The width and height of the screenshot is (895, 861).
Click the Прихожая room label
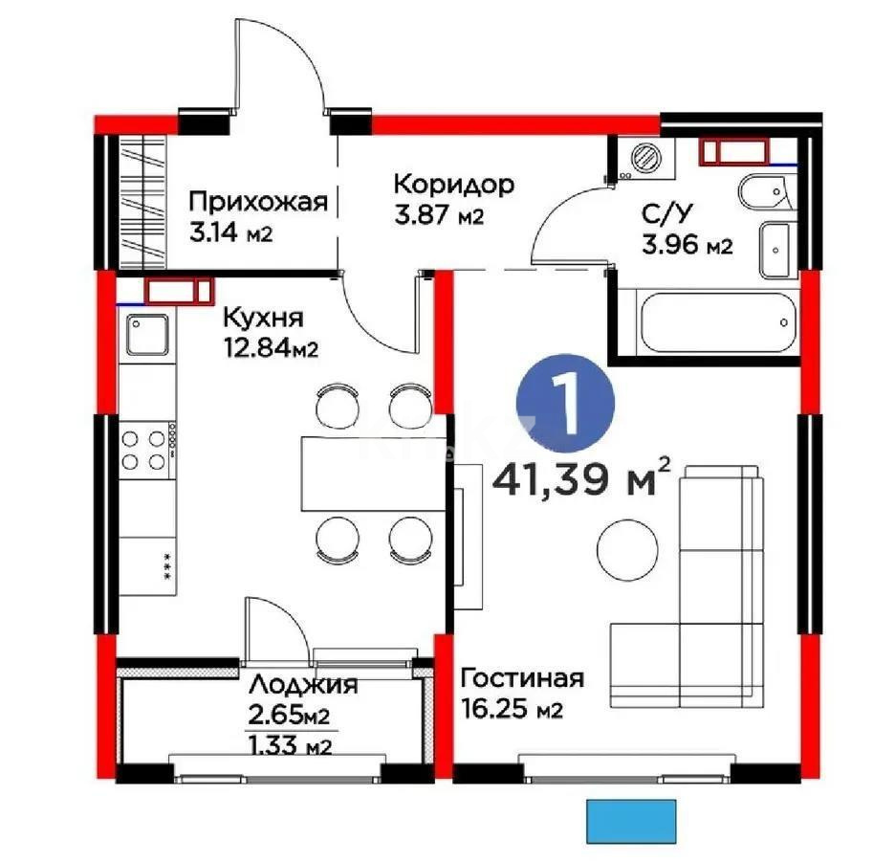[258, 202]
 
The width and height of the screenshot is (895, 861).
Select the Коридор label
[454, 184]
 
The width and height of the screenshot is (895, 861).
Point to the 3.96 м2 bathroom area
[687, 246]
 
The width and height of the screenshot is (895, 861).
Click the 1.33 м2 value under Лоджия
[289, 746]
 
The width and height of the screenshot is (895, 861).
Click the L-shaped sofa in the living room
[712, 593]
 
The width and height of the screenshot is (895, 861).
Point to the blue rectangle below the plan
[630, 819]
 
